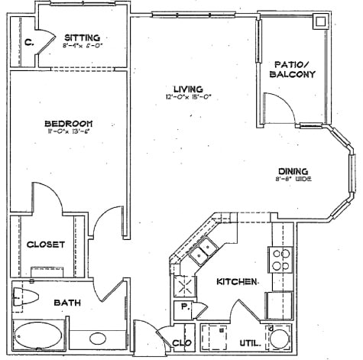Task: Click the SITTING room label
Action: pyautogui.click(x=80, y=37)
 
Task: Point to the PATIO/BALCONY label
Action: pyautogui.click(x=293, y=69)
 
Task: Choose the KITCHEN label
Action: pyautogui.click(x=237, y=282)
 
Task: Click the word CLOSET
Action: pyautogui.click(x=46, y=245)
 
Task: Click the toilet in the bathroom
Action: pyautogui.click(x=24, y=296)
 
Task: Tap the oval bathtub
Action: pyautogui.click(x=39, y=336)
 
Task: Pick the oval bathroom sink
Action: pyautogui.click(x=97, y=338)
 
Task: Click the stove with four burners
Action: pyautogui.click(x=280, y=261)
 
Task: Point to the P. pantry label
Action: pyautogui.click(x=184, y=308)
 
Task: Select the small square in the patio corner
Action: pyautogui.click(x=319, y=22)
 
